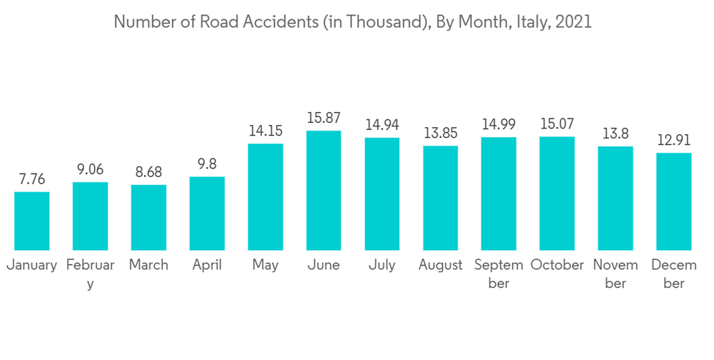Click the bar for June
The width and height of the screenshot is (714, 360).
click(323, 190)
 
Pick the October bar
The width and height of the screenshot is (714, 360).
click(557, 193)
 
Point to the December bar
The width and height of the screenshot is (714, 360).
click(674, 201)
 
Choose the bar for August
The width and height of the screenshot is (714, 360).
click(441, 197)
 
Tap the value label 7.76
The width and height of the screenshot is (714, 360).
click(32, 179)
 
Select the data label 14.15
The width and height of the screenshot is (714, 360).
click(266, 131)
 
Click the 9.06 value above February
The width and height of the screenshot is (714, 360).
click(90, 170)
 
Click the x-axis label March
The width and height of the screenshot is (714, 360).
click(149, 265)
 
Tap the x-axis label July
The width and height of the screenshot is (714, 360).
click(382, 265)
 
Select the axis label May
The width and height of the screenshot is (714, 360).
click(266, 265)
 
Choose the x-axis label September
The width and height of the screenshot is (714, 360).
click(498, 274)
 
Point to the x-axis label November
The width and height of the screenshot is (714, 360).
click(615, 274)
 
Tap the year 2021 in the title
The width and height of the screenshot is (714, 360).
click(573, 22)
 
